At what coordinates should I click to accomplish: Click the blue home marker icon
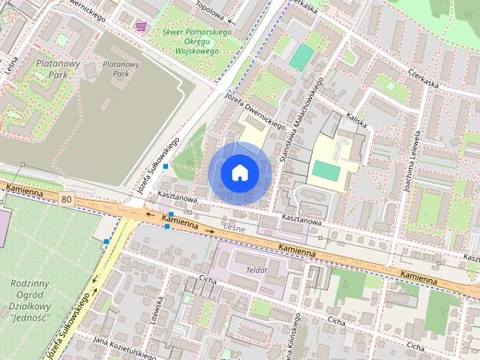[238, 172]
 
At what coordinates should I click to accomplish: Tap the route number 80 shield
[67, 199]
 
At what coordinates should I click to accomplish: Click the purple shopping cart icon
[140, 26]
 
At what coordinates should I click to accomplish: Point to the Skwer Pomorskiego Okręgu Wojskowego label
[190, 42]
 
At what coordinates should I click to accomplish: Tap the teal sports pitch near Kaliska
[302, 58]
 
